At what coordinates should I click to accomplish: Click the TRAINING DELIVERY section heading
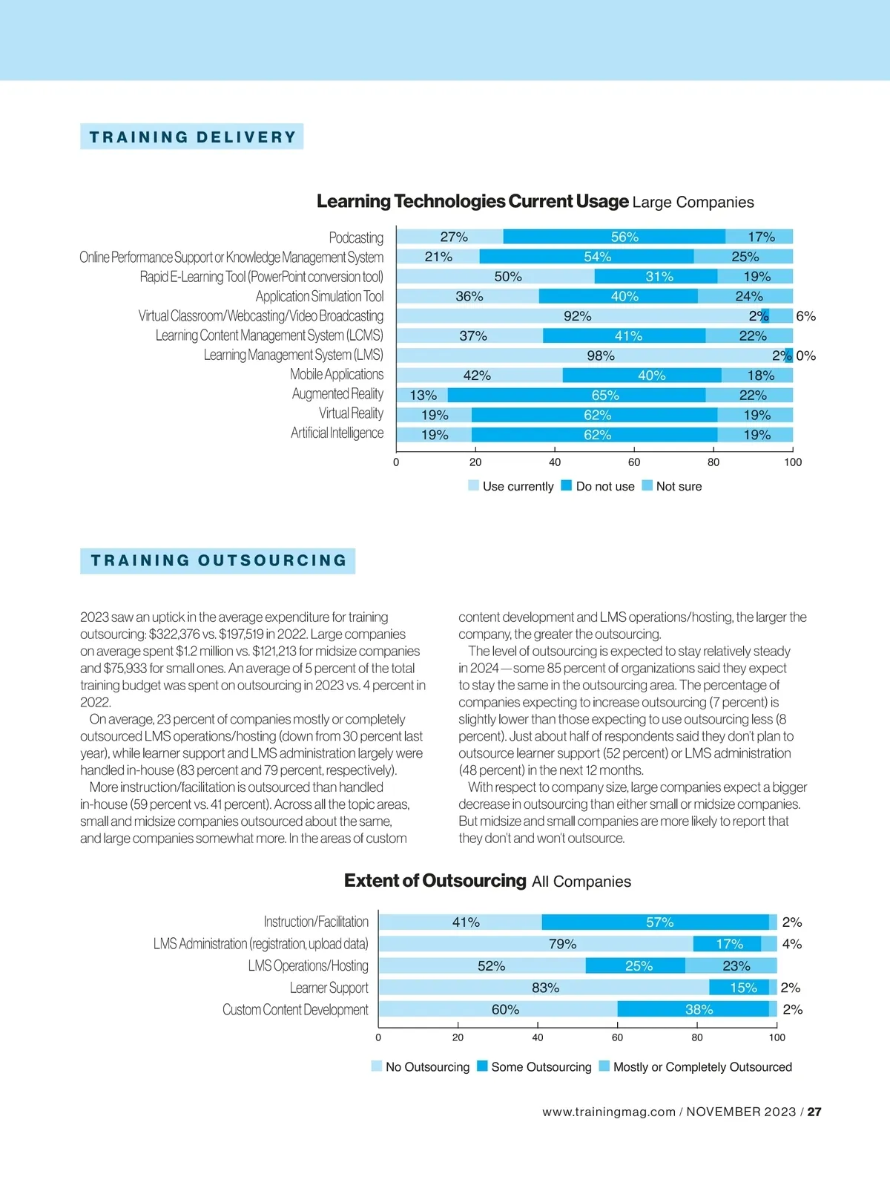(192, 137)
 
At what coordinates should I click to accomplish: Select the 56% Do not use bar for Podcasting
(614, 237)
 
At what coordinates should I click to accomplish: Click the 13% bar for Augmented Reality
(423, 396)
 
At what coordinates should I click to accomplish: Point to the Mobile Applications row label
(337, 375)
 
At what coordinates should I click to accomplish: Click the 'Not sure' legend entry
(672, 486)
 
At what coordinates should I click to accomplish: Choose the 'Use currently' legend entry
(511, 486)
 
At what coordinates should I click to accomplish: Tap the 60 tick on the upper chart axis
(634, 462)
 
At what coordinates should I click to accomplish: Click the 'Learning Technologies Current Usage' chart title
(472, 202)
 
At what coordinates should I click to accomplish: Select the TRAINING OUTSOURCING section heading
(218, 560)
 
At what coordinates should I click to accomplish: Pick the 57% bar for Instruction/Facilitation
(656, 922)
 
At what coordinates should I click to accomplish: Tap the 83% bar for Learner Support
(544, 988)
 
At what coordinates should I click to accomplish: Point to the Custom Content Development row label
(295, 1010)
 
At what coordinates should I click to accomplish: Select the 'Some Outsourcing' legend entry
(534, 1066)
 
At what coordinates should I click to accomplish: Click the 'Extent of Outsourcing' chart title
(435, 881)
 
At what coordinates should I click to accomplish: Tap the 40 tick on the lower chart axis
(538, 1037)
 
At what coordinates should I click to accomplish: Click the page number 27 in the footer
(814, 1112)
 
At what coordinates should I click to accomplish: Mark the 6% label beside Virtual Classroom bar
(805, 316)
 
